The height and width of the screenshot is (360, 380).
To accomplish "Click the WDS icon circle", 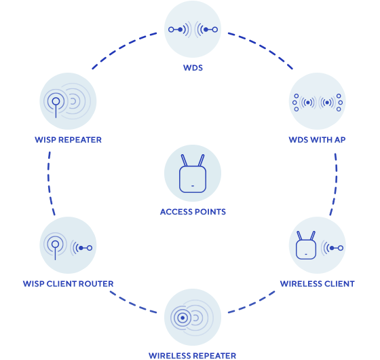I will point(193,29).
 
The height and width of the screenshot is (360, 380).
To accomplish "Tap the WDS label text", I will point(193,69).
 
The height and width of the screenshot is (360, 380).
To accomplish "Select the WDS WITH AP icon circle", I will point(318,102).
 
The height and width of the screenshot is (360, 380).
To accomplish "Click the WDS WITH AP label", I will point(318,140).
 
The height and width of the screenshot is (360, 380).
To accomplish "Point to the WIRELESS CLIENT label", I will point(318,284).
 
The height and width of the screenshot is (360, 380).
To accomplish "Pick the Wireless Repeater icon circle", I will point(193,317).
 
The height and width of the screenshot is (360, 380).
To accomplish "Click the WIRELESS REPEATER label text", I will point(193,355).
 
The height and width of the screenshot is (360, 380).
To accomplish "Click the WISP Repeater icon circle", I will point(68,102).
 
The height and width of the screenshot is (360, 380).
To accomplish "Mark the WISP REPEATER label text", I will point(68,140).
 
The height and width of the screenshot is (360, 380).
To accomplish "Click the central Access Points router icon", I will point(193,174).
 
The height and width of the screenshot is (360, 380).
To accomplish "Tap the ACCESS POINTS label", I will point(193,212).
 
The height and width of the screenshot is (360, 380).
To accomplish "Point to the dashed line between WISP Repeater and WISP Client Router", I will point(50,183).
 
